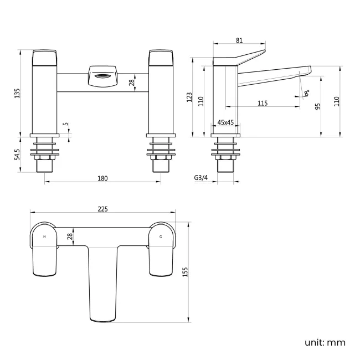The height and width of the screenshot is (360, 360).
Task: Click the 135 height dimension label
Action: pyautogui.click(x=17, y=93)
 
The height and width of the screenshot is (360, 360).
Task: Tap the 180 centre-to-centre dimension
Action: pyautogui.click(x=102, y=178)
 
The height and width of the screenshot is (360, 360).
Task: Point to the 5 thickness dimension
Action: pyautogui.click(x=65, y=125)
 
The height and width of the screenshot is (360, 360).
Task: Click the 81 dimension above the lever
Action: pyautogui.click(x=239, y=40)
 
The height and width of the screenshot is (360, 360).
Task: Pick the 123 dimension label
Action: pyautogui.click(x=189, y=97)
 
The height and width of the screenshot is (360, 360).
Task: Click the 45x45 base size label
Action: pyautogui.click(x=225, y=122)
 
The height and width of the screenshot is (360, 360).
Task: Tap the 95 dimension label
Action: pyautogui.click(x=318, y=106)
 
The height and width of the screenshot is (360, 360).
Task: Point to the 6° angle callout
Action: pyautogui.click(x=307, y=94)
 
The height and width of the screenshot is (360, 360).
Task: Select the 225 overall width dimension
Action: pyautogui.click(x=102, y=209)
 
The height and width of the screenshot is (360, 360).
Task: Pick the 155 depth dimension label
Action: pyautogui.click(x=186, y=272)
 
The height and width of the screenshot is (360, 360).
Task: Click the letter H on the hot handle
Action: pyautogui.click(x=44, y=236)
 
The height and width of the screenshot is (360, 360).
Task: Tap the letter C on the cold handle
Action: pyautogui.click(x=161, y=236)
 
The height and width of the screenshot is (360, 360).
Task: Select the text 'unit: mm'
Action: pyautogui.click(x=325, y=342)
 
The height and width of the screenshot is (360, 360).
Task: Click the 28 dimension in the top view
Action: pyautogui.click(x=70, y=236)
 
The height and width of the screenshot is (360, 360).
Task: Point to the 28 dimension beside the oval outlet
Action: pyautogui.click(x=131, y=83)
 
